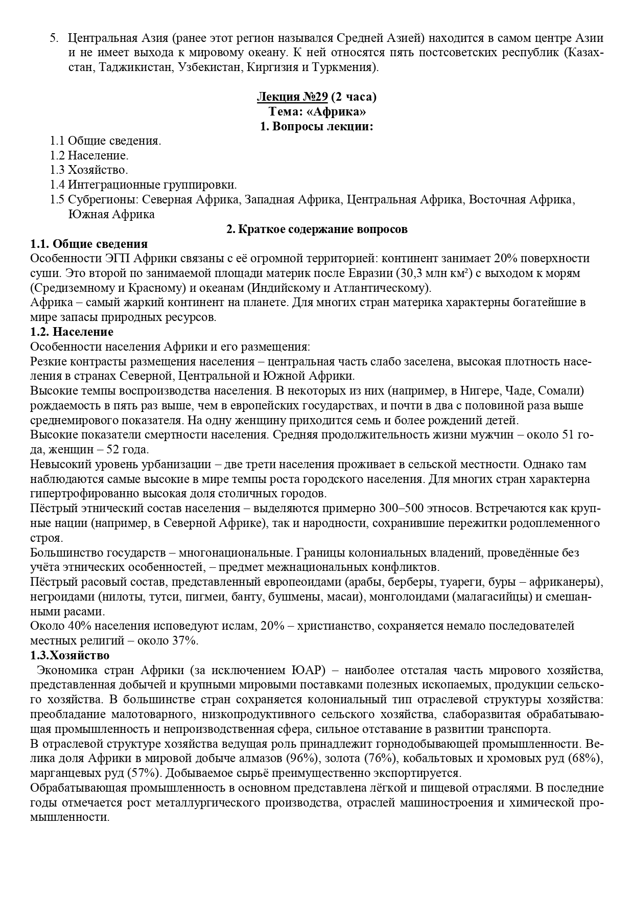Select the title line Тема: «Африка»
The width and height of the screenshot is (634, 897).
pyautogui.click(x=317, y=111)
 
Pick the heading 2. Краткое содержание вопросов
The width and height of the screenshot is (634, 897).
pyautogui.click(x=317, y=229)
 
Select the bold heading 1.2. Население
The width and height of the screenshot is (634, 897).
pyautogui.click(x=72, y=332)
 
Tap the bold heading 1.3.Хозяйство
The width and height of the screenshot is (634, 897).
pyautogui.click(x=70, y=655)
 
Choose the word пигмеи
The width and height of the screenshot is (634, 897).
pyautogui.click(x=207, y=596)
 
